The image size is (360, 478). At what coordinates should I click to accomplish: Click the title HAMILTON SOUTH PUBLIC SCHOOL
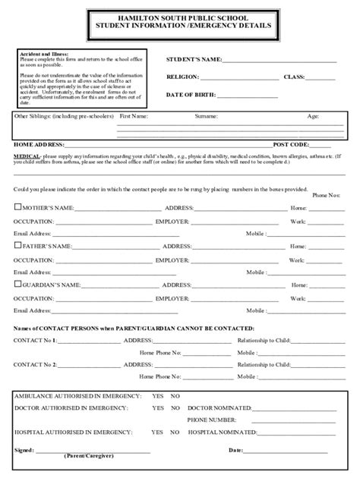click(179, 17)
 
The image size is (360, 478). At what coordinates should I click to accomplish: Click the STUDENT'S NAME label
click(194, 59)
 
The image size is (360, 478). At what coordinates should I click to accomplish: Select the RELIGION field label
click(182, 77)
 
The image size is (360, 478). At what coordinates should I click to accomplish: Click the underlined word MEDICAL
click(26, 154)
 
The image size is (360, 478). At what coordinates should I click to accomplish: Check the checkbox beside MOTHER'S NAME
click(17, 206)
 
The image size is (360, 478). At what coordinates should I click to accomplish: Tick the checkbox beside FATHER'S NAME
click(17, 246)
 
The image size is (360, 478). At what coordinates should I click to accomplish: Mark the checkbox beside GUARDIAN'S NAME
click(17, 285)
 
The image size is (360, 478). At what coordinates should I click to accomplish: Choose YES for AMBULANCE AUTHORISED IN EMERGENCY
click(157, 397)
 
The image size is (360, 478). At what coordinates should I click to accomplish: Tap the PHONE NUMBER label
click(211, 420)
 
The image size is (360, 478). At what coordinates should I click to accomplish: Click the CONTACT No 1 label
click(35, 340)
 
